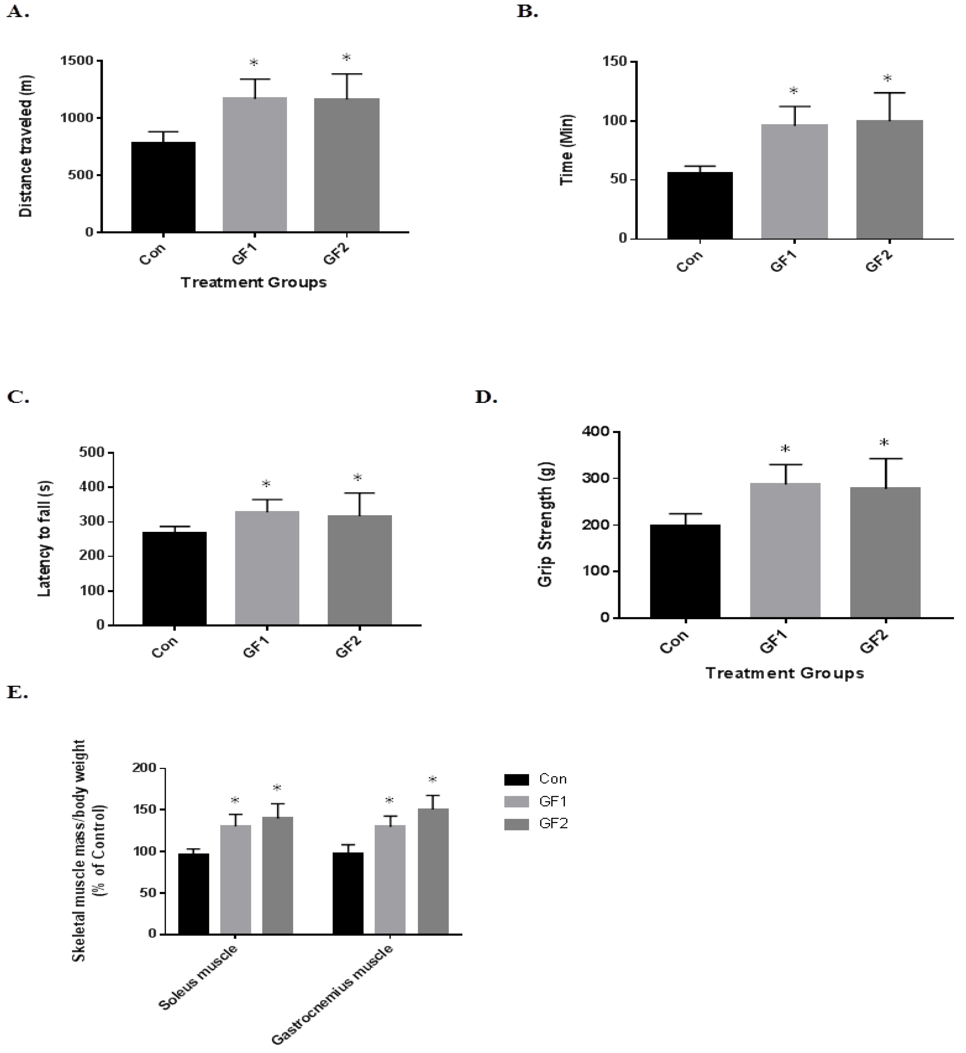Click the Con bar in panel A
163,187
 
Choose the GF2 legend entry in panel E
536,824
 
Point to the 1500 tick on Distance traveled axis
77,61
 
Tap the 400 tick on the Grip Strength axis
597,432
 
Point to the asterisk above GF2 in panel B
887,79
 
